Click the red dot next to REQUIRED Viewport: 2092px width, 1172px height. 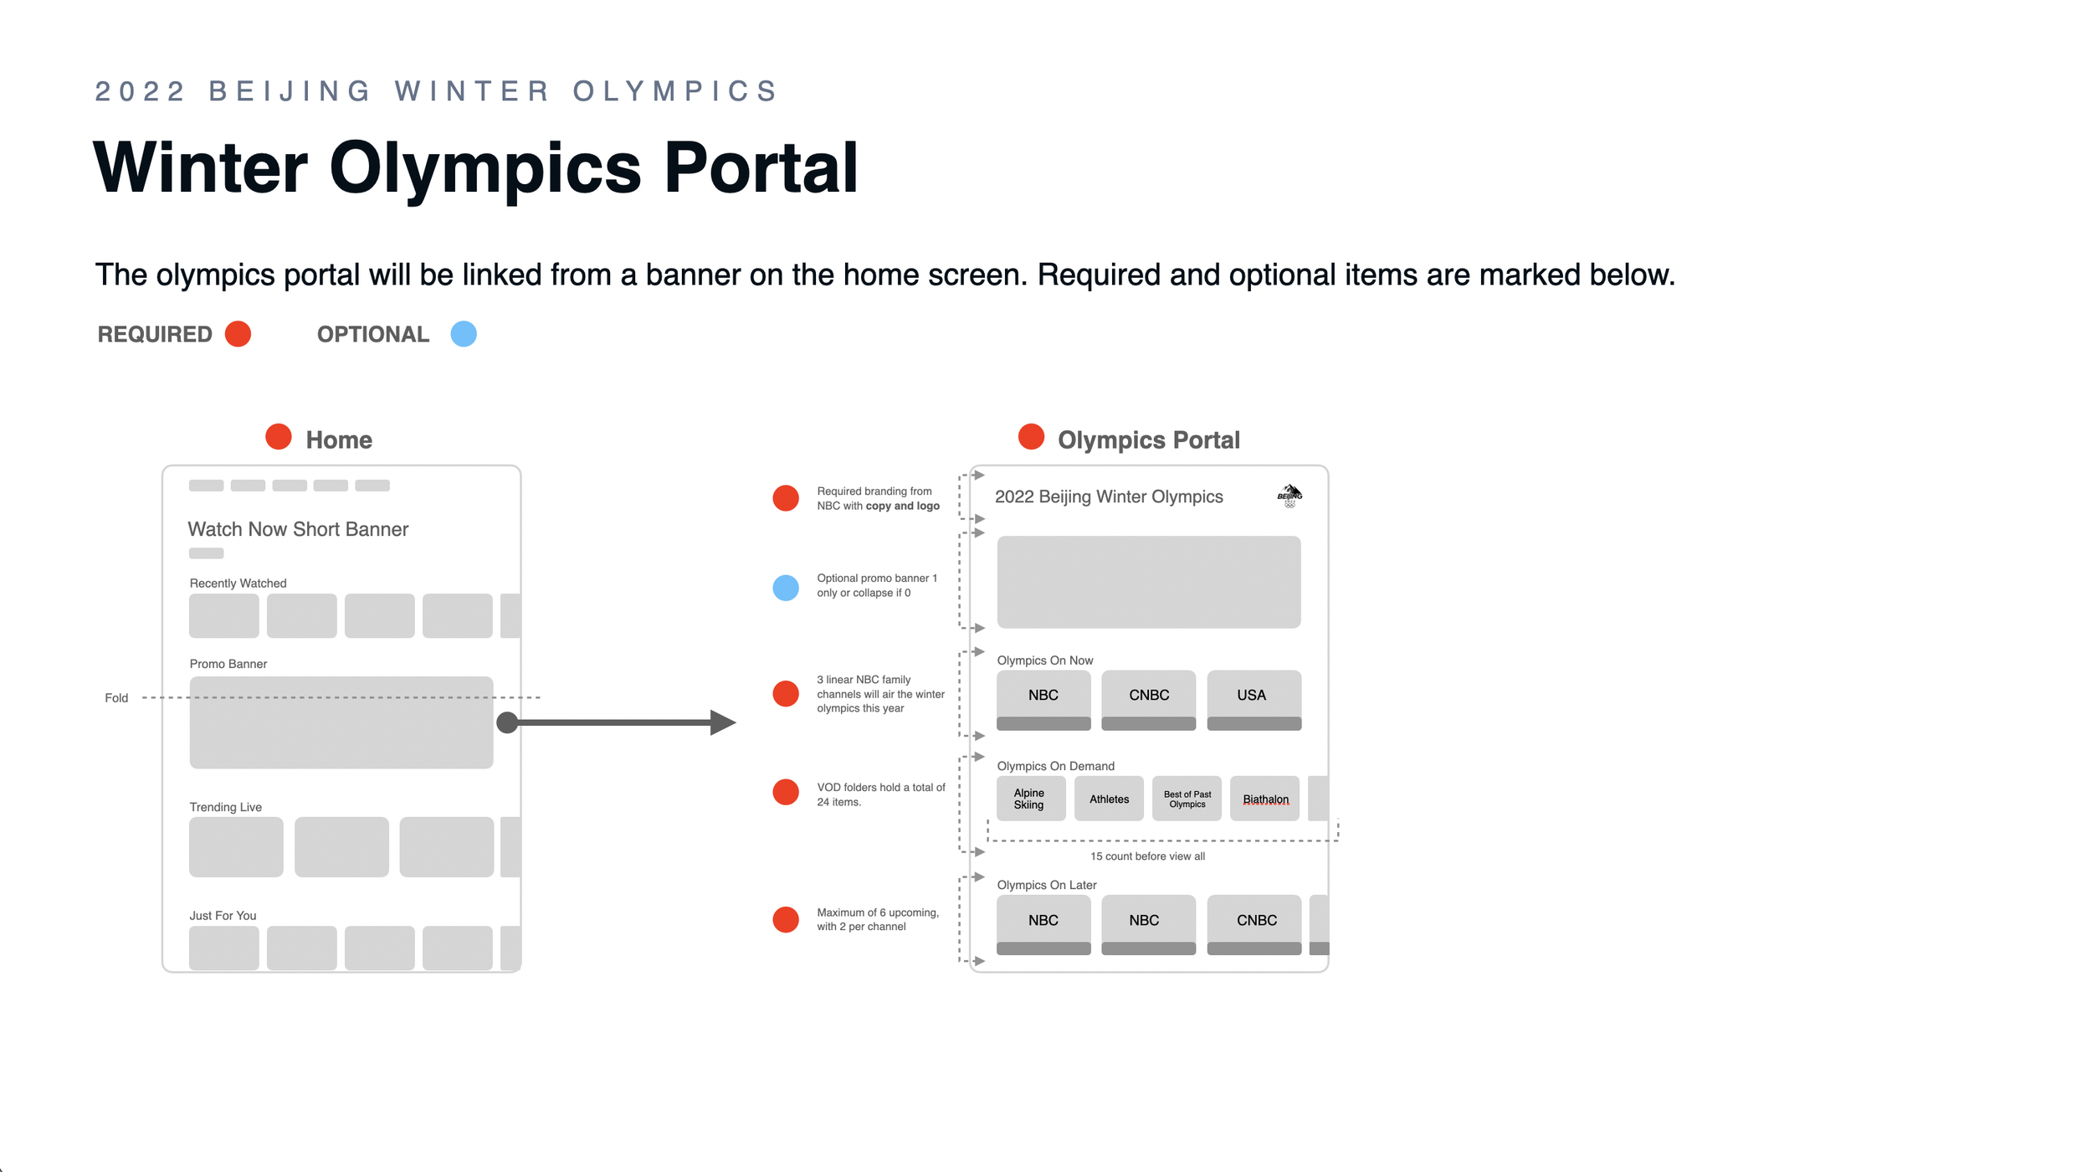(238, 334)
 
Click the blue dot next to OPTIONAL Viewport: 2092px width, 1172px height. (464, 334)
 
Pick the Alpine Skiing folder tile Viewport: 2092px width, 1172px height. (1030, 799)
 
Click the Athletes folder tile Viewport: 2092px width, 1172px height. (1109, 799)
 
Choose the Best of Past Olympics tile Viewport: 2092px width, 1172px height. (1187, 799)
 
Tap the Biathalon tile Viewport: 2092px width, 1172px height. (1264, 799)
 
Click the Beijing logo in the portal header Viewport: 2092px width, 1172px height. (1290, 496)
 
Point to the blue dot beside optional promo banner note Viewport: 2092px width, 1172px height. (786, 588)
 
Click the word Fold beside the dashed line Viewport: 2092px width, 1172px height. (116, 698)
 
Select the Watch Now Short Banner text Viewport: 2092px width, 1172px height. (298, 529)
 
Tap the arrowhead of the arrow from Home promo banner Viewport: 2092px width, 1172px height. (722, 722)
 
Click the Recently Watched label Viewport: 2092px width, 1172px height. (238, 583)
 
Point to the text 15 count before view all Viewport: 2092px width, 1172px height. (1147, 856)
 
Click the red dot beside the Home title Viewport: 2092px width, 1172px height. (279, 437)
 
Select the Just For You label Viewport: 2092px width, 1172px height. (223, 916)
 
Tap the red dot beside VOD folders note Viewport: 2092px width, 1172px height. (786, 792)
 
